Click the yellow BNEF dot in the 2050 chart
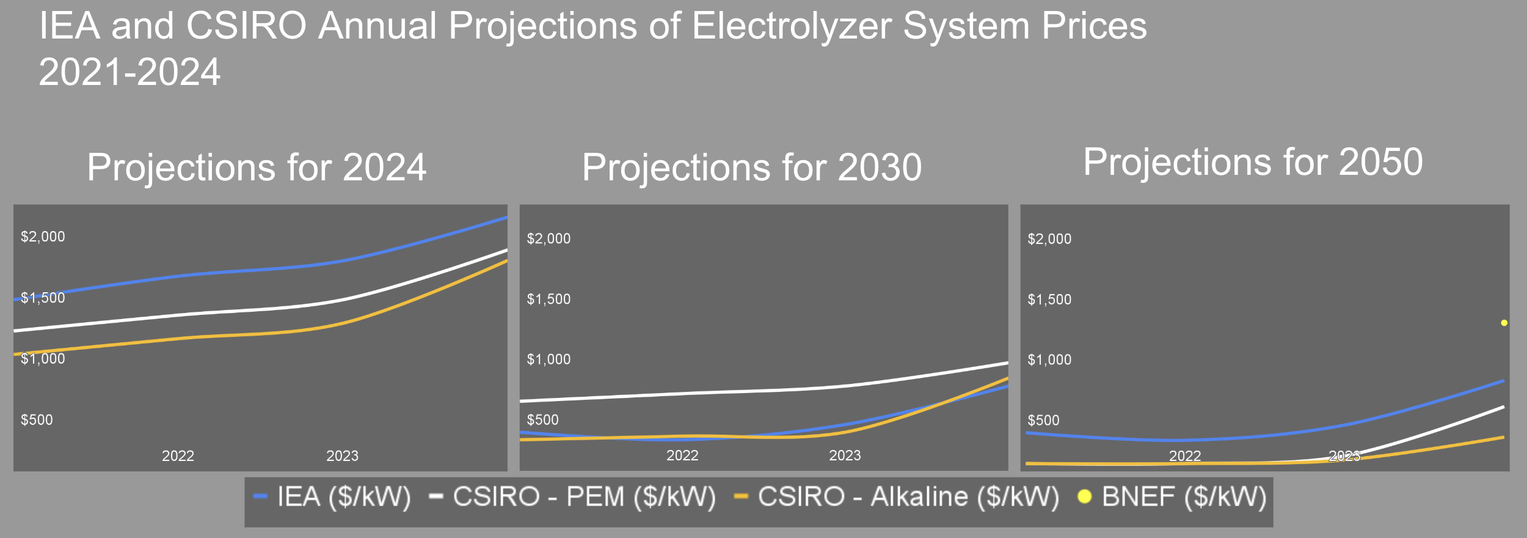click(x=1504, y=323)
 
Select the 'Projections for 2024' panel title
click(x=257, y=167)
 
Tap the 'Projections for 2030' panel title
click(x=751, y=167)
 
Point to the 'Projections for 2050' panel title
click(x=1253, y=162)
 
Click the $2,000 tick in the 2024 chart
click(x=43, y=237)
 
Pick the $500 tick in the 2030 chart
click(x=542, y=420)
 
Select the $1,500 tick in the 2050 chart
click(x=1049, y=300)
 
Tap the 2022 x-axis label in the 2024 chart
click(x=178, y=456)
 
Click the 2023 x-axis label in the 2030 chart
click(x=845, y=455)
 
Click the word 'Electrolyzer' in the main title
click(x=792, y=26)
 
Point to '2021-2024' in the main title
click(x=129, y=72)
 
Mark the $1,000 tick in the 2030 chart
click(x=548, y=359)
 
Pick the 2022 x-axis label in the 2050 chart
click(x=1184, y=456)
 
